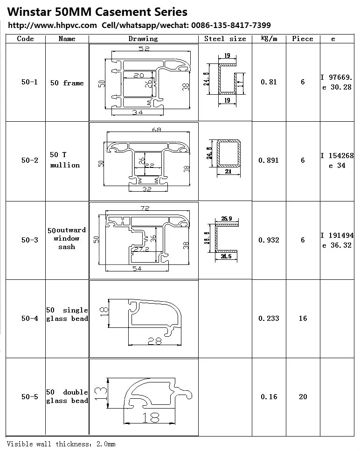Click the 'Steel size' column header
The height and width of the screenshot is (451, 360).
[x=225, y=39]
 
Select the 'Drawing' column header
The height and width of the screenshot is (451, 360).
[x=143, y=39]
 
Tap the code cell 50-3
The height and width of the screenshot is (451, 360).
[x=30, y=240]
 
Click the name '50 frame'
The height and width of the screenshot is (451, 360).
[x=67, y=83]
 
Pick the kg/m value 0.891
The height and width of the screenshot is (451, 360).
[x=269, y=160]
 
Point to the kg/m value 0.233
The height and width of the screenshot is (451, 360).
[x=269, y=319]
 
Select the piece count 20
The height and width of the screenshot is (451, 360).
[x=303, y=397]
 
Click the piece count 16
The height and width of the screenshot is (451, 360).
[x=303, y=319]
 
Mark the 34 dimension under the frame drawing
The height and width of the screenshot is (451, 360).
[x=137, y=112]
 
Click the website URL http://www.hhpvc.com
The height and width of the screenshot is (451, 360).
[x=53, y=25]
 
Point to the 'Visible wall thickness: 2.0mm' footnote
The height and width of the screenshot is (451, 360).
[x=61, y=444]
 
